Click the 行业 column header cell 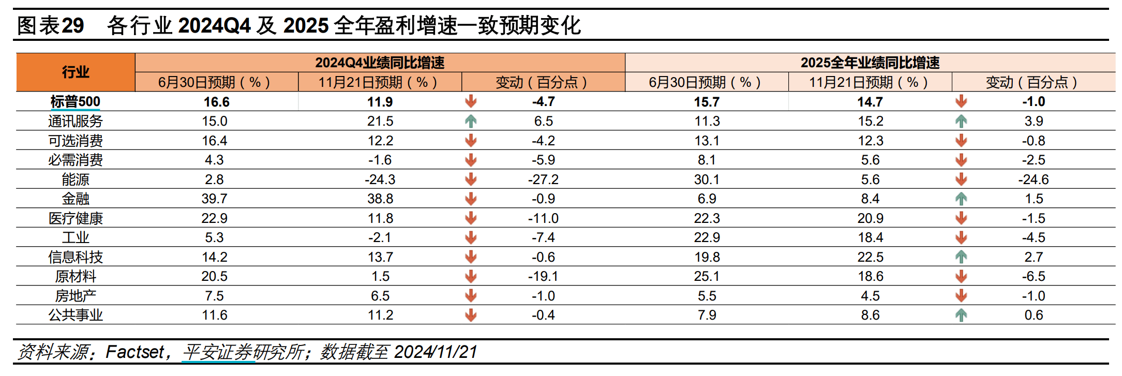[x=76, y=72]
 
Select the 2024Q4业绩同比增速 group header [x=380, y=63]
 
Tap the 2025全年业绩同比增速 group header [x=870, y=63]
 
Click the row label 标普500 [x=76, y=101]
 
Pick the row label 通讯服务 [x=76, y=121]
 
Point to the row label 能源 [x=76, y=179]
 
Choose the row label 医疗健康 [x=76, y=218]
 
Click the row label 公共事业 [x=76, y=315]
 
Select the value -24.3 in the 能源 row [x=380, y=179]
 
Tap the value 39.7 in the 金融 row [x=215, y=199]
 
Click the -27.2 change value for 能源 [x=543, y=179]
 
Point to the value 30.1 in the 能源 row [x=707, y=179]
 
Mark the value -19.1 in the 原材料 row [x=543, y=276]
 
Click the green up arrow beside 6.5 [x=470, y=121]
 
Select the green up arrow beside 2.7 [x=961, y=257]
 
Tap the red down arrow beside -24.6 [x=961, y=179]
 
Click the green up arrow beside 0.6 [x=961, y=315]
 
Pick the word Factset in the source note [x=134, y=352]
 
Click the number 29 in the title [x=73, y=25]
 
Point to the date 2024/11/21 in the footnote [x=435, y=352]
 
